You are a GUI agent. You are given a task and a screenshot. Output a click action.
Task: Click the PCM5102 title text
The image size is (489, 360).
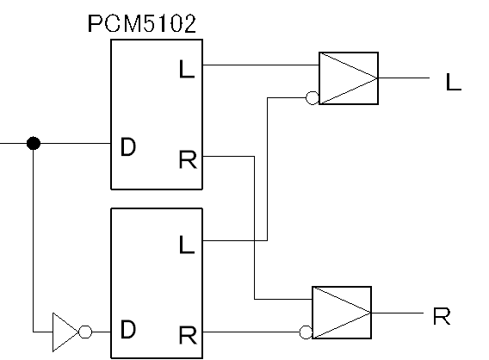pyautogui.click(x=142, y=23)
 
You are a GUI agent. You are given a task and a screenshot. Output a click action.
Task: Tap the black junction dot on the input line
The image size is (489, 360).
pyautogui.click(x=34, y=143)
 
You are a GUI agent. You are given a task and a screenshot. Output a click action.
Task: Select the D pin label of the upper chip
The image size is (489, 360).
pyautogui.click(x=128, y=146)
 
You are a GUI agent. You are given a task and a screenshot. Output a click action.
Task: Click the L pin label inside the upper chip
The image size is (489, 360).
pyautogui.click(x=187, y=69)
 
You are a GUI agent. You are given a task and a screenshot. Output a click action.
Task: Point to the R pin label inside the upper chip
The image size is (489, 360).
pyautogui.click(x=188, y=159)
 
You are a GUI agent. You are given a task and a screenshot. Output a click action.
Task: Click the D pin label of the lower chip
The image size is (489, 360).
pyautogui.click(x=128, y=330)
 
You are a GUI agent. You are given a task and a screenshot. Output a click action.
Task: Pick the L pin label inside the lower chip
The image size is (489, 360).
pyautogui.click(x=187, y=245)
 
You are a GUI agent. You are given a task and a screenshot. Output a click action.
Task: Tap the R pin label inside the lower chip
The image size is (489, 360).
pyautogui.click(x=188, y=335)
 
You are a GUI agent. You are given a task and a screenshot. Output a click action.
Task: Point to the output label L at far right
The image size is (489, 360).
pyautogui.click(x=454, y=82)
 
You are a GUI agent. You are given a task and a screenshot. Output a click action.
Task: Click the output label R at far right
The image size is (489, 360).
pyautogui.click(x=442, y=316)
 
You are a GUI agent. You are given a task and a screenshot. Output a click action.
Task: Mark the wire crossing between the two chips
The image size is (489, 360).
pyautogui.click(x=255, y=240)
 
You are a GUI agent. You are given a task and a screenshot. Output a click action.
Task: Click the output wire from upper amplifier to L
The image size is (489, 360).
pyautogui.click(x=404, y=78)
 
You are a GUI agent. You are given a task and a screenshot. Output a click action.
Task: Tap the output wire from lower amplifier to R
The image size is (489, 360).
pyautogui.click(x=398, y=313)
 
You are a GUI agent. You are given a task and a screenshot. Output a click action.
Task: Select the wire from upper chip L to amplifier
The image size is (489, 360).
pyautogui.click(x=261, y=65)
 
